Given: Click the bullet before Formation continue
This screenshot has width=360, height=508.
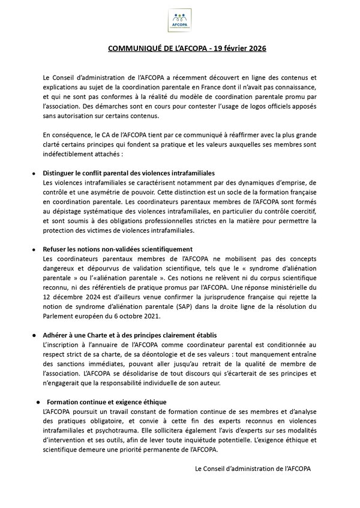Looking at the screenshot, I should coord(37,401).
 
